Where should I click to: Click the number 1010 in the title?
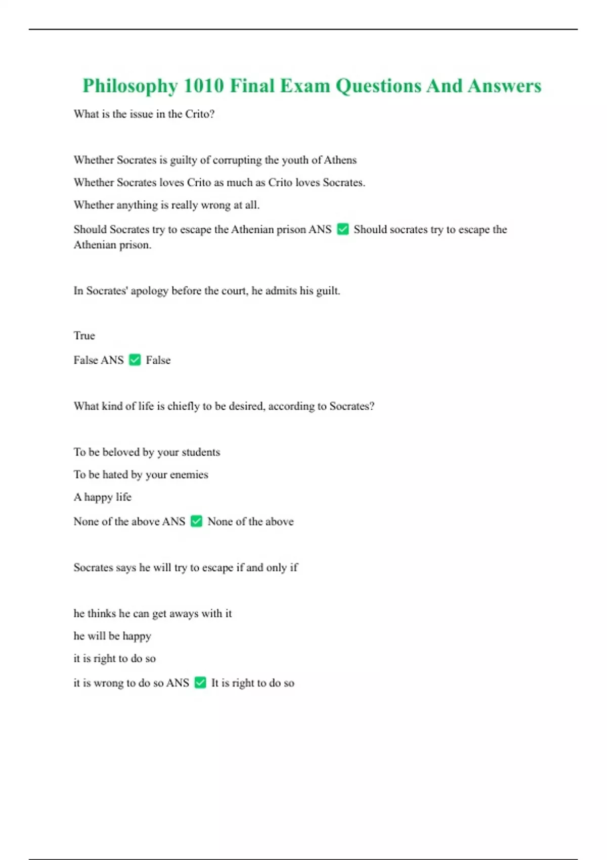203,86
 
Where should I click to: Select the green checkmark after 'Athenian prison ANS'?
343,229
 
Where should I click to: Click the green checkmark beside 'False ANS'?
135,360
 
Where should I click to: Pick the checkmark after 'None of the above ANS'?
196,521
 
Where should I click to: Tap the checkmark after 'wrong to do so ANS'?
200,682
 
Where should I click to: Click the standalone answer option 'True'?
84,335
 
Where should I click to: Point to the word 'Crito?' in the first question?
199,114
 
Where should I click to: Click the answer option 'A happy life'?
102,497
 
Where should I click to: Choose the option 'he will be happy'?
112,636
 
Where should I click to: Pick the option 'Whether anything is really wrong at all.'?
166,205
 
